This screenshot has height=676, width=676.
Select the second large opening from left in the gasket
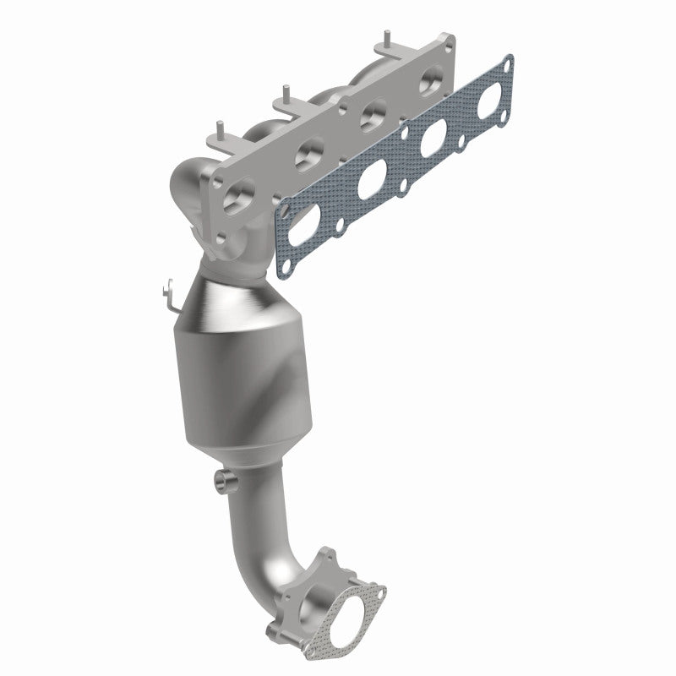(372, 181)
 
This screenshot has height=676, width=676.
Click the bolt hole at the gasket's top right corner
(507, 63)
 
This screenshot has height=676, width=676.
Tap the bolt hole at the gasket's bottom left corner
(284, 267)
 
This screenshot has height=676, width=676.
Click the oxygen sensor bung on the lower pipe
(224, 481)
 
